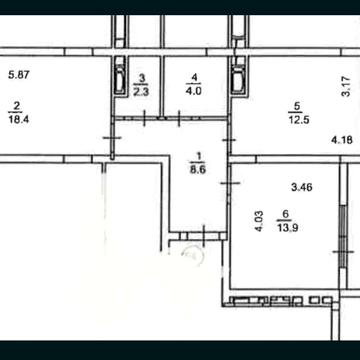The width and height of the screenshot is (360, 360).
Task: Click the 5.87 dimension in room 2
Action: pos(19,75)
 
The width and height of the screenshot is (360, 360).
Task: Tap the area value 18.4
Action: pos(19,119)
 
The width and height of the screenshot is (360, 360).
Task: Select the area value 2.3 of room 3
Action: pos(141,92)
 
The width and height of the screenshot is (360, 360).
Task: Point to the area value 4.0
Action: pos(194,91)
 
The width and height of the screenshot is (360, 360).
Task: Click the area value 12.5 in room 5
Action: pos(298,120)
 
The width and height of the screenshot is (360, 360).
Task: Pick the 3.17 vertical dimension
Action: pos(347,86)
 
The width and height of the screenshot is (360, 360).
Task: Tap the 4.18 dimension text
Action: pos(342,140)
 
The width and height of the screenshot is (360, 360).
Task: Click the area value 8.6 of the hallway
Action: pos(198,170)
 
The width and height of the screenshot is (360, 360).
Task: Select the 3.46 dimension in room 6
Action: pos(302,188)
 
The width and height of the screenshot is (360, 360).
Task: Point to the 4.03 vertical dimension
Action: pos(259,221)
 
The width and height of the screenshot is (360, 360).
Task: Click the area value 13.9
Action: pos(287,228)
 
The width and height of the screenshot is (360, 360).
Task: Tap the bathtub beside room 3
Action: pos(120,80)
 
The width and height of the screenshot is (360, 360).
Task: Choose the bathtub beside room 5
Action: pos(239,80)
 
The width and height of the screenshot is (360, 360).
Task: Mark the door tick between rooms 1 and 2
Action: pos(112,138)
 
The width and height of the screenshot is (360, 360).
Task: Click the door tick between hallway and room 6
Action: pos(230,182)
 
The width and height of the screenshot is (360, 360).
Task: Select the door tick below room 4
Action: pos(179,118)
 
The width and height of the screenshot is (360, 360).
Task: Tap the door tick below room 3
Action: pos(144,118)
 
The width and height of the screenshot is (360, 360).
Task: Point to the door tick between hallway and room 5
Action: pos(229,140)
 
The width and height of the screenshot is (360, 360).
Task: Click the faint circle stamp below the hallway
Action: pos(192,255)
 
